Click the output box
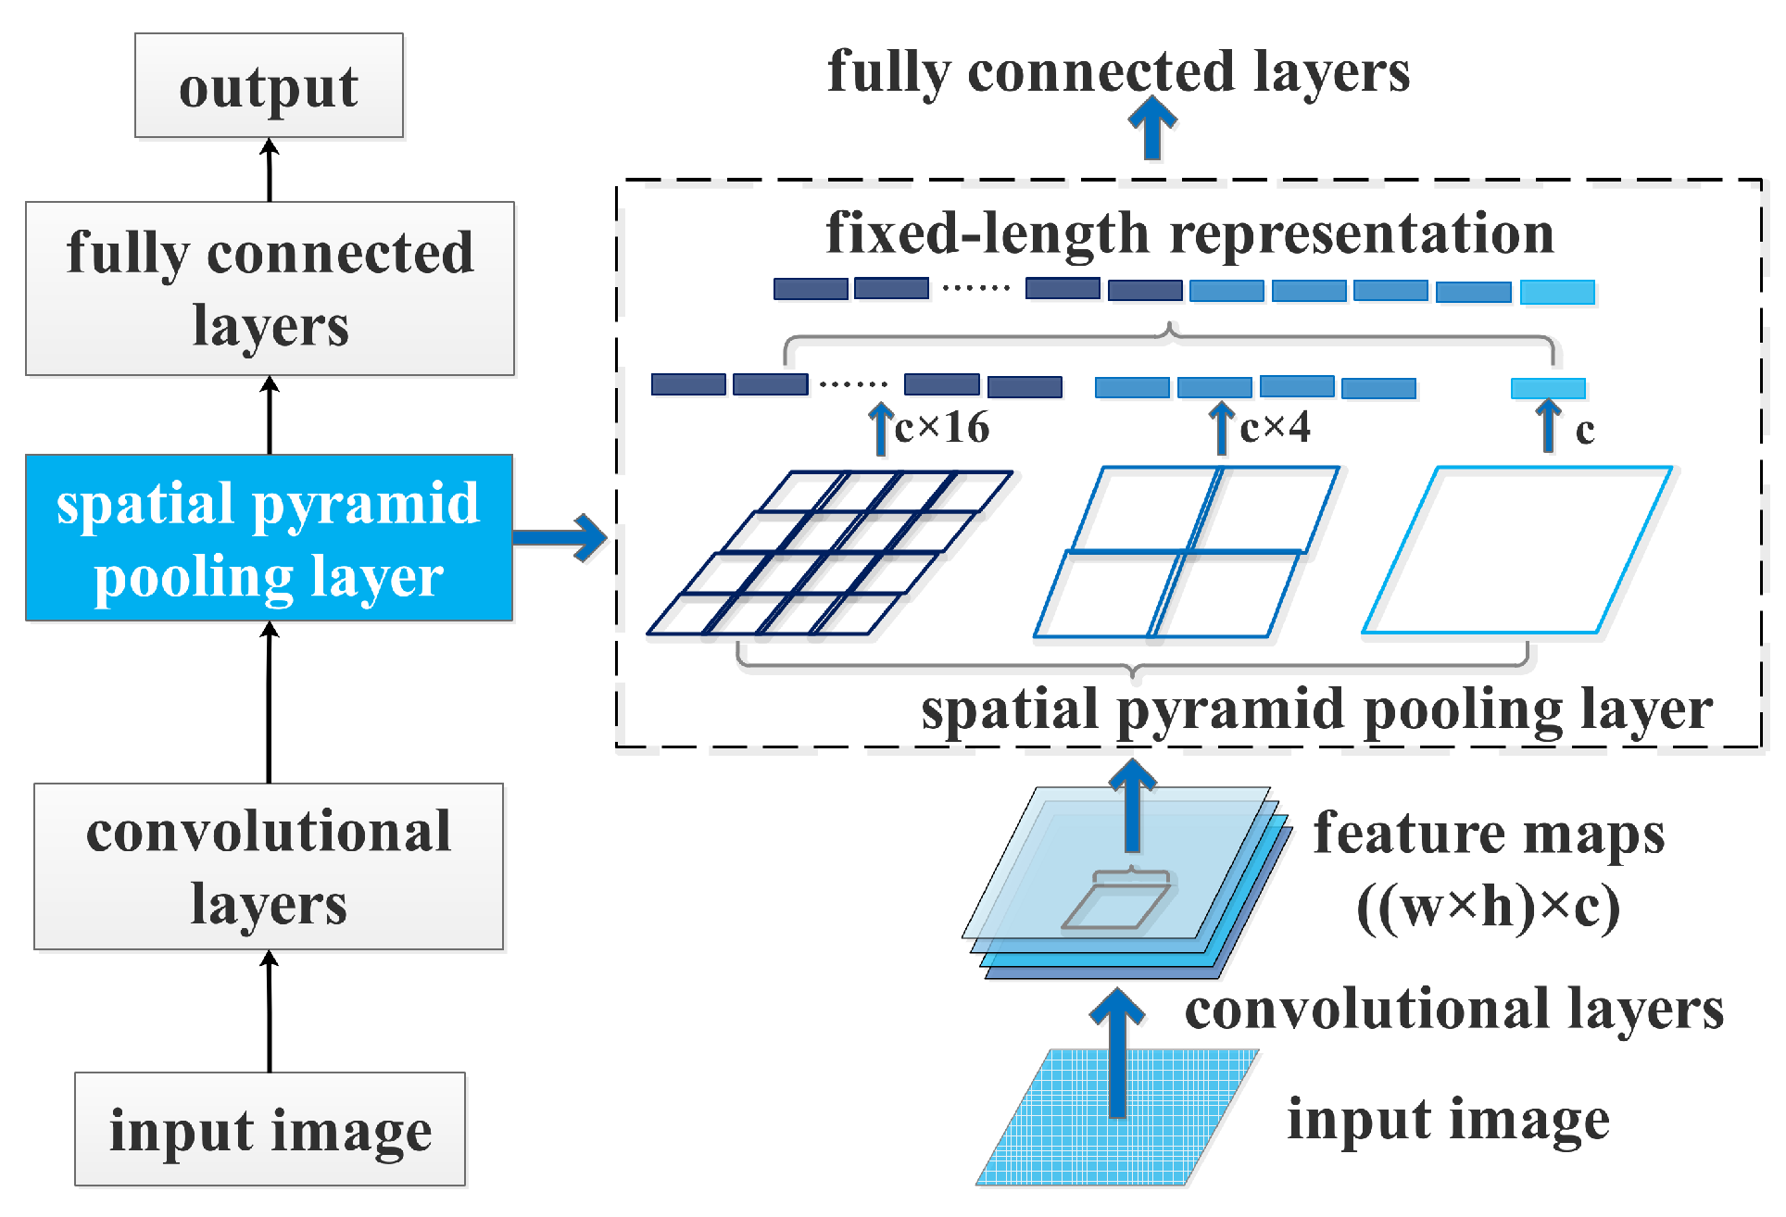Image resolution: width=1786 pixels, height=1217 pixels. coord(269,86)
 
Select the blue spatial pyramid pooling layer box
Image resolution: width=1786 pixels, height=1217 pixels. coord(269,537)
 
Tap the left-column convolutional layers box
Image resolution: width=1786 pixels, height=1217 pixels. coord(269,866)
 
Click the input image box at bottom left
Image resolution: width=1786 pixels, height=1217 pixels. coord(270,1129)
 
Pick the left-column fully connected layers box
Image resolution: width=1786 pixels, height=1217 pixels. coord(270,288)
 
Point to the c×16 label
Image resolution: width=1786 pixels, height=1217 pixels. coord(942,428)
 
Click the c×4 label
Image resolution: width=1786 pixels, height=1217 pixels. coord(1275,428)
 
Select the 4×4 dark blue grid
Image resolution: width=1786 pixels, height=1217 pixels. coord(829,553)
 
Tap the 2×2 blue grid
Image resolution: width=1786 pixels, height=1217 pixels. coord(1186,553)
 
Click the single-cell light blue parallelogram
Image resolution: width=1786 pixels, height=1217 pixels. coord(1517,551)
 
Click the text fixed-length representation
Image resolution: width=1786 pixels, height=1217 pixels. coord(1189,233)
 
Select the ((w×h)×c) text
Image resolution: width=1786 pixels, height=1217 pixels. coord(1489,907)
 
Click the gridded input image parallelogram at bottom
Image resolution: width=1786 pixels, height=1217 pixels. coord(1116,1118)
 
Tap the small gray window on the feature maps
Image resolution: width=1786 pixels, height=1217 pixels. coord(1116,905)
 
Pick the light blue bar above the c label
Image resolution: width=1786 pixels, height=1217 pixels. coord(1548,388)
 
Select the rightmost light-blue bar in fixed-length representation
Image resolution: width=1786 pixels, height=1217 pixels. coord(1557,293)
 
